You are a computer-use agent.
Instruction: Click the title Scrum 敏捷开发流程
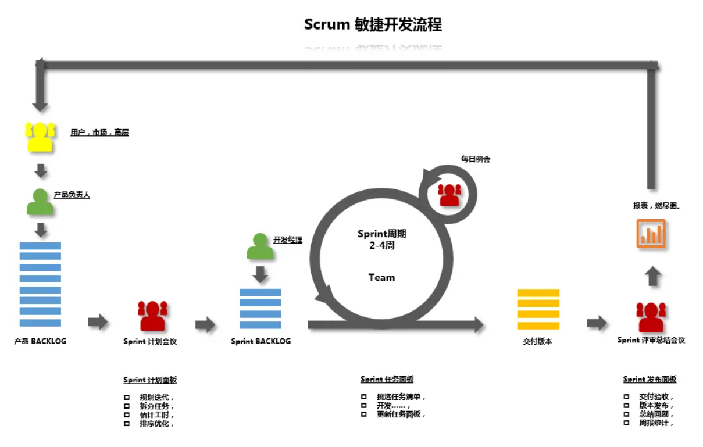[373, 25]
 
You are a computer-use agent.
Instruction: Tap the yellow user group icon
[40, 137]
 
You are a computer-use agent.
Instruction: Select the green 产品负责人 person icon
[40, 202]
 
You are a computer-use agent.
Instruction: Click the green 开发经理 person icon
[260, 246]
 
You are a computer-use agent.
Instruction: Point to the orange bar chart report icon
[651, 234]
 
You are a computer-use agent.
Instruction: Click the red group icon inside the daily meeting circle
[449, 194]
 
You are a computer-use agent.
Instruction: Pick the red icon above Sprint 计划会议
[152, 316]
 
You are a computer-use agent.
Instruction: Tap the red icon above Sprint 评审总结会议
[651, 317]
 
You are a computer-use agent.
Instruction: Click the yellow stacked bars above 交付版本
[538, 310]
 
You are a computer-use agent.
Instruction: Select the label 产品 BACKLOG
[40, 341]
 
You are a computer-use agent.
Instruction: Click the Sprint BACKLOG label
[260, 341]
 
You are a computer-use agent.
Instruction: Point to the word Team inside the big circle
[381, 277]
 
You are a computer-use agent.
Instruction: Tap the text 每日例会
[476, 159]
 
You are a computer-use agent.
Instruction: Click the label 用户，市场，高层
[99, 133]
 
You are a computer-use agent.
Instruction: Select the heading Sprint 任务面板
[387, 380]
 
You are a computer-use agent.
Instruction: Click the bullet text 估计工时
[156, 415]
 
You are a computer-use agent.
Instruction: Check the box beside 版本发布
[626, 406]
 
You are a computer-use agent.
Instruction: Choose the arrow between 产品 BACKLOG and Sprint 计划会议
[98, 321]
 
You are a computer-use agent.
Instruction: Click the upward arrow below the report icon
[653, 276]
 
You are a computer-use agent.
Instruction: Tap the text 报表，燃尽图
[656, 206]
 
